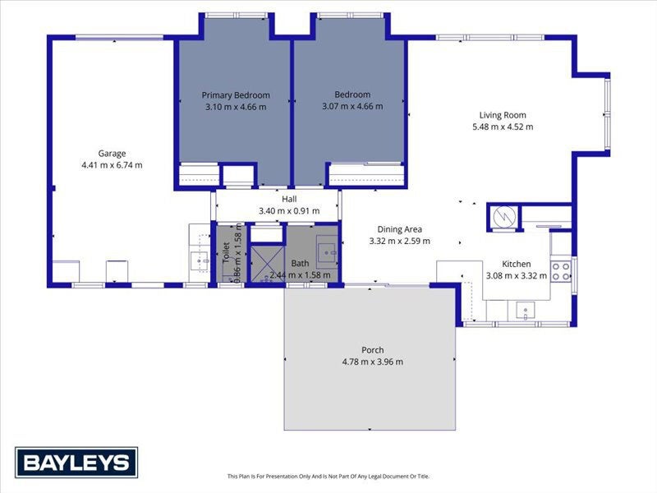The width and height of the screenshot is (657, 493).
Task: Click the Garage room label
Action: [112, 153]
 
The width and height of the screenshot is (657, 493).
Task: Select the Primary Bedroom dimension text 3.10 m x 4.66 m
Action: [236, 107]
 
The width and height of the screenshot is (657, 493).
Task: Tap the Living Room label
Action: [503, 115]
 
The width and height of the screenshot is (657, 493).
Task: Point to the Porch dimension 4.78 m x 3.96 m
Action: [373, 362]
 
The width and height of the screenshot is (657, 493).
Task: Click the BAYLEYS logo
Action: [76, 463]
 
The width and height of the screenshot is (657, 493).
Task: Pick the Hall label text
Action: [289, 199]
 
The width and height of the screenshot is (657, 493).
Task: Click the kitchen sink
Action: [525, 311]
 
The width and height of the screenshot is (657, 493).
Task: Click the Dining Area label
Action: [400, 229]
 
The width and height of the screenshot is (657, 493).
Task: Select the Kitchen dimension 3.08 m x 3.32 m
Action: [517, 275]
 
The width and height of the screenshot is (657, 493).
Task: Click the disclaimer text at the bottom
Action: [328, 476]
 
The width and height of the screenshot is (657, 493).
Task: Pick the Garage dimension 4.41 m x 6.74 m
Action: [112, 164]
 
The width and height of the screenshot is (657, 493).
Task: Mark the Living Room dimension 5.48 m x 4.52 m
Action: [503, 127]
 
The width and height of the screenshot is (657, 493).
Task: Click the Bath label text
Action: [300, 264]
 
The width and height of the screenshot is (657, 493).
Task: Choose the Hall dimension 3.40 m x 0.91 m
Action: [289, 210]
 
